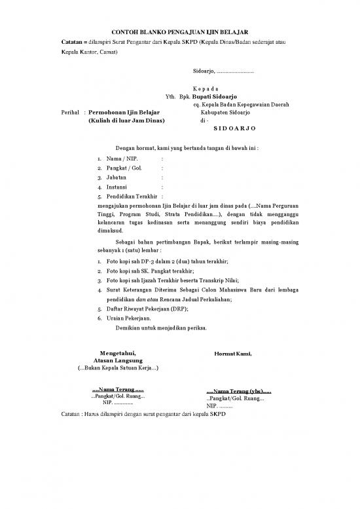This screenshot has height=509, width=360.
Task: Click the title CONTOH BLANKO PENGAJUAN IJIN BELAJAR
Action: [179, 32]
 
